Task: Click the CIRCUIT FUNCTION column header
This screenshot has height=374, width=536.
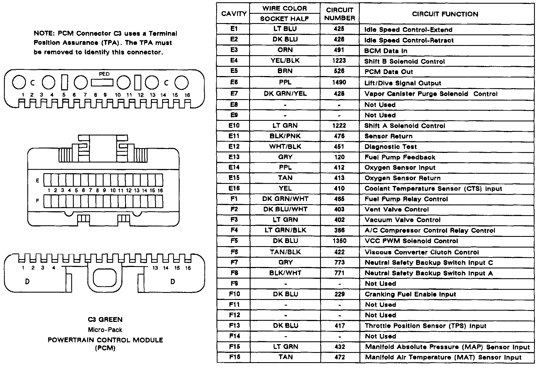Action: [x=445, y=14]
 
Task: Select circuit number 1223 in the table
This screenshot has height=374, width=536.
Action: [x=339, y=61]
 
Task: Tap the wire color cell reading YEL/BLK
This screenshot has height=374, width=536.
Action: [x=285, y=61]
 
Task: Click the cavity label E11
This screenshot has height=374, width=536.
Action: [x=234, y=136]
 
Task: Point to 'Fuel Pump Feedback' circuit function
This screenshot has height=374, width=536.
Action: [x=400, y=157]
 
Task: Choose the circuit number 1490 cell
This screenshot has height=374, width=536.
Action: [x=339, y=83]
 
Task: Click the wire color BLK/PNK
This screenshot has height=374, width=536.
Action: [x=285, y=136]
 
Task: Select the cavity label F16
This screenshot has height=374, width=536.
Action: [x=234, y=357]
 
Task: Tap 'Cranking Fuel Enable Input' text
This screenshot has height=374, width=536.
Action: [x=410, y=294]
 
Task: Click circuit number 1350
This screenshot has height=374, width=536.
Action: [x=339, y=241]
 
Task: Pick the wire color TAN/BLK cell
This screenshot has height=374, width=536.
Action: [x=285, y=252]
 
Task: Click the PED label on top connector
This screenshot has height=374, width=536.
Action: [x=104, y=74]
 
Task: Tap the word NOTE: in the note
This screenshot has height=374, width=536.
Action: [x=44, y=34]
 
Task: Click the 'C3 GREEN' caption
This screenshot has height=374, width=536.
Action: [x=105, y=320]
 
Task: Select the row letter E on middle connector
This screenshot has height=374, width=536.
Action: [x=37, y=181]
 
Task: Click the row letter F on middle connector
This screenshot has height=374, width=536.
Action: [x=37, y=201]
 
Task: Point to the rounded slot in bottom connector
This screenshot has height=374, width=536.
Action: [x=104, y=278]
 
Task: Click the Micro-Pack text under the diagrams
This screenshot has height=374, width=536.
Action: [x=105, y=330]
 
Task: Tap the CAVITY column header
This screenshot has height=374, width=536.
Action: [x=234, y=14]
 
